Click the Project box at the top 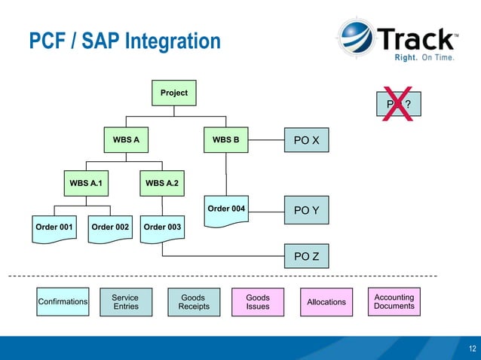[173, 93]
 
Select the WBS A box [126, 140]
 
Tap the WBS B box [225, 140]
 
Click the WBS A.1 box [85, 184]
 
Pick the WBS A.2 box [161, 184]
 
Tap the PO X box [306, 140]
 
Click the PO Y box [306, 210]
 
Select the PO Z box [306, 257]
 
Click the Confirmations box [63, 302]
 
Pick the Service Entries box [125, 302]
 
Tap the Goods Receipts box [194, 302]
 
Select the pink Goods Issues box [258, 302]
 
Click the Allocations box [326, 302]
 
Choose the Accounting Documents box [394, 302]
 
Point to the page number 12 [472, 348]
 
